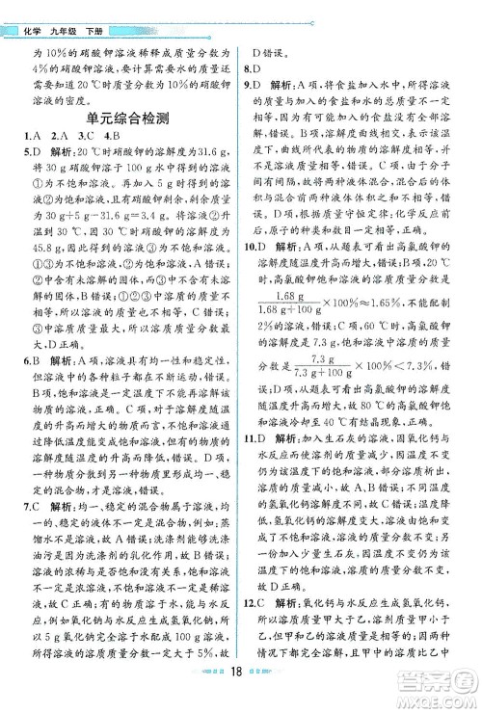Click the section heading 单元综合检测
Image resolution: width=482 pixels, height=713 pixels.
pos(127,120)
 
